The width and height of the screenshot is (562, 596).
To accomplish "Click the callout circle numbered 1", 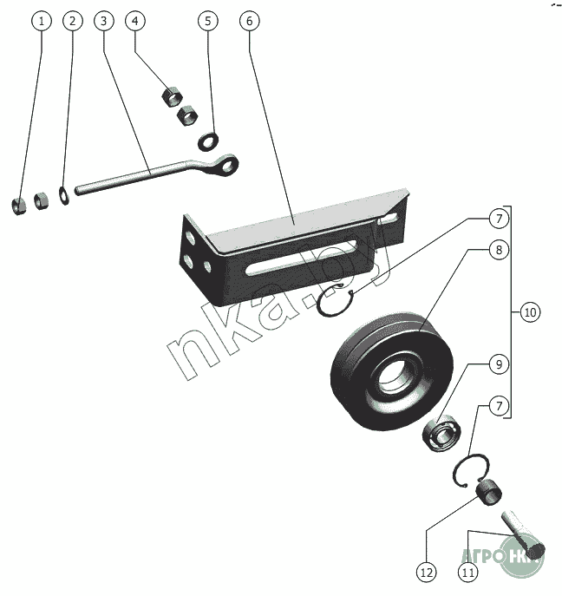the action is (38, 21).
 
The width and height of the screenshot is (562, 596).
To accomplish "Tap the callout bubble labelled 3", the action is (103, 21).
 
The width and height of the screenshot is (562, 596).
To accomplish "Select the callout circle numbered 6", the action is (247, 21).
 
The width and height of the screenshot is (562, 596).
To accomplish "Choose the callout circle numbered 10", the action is (530, 311).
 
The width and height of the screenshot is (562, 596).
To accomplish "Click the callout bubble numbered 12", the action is (426, 573).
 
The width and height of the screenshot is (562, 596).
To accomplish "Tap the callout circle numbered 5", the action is (206, 21).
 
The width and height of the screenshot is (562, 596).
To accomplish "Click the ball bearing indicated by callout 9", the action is (442, 431).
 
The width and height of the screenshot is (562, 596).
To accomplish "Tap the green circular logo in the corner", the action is (521, 556).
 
